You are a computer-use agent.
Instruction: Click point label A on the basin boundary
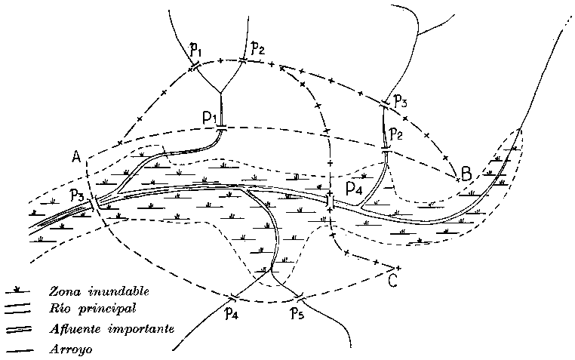(76, 157)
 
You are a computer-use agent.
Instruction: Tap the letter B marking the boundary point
(466, 175)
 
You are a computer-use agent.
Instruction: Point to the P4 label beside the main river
(353, 186)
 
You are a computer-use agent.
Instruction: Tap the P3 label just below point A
(77, 196)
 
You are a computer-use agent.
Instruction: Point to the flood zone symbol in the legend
(17, 290)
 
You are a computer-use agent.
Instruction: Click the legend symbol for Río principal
(17, 309)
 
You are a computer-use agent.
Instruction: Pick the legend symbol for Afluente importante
(17, 330)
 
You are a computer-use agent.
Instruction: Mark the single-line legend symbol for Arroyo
(17, 349)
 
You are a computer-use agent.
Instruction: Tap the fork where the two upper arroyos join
(220, 92)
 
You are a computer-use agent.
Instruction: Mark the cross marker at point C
(398, 268)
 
